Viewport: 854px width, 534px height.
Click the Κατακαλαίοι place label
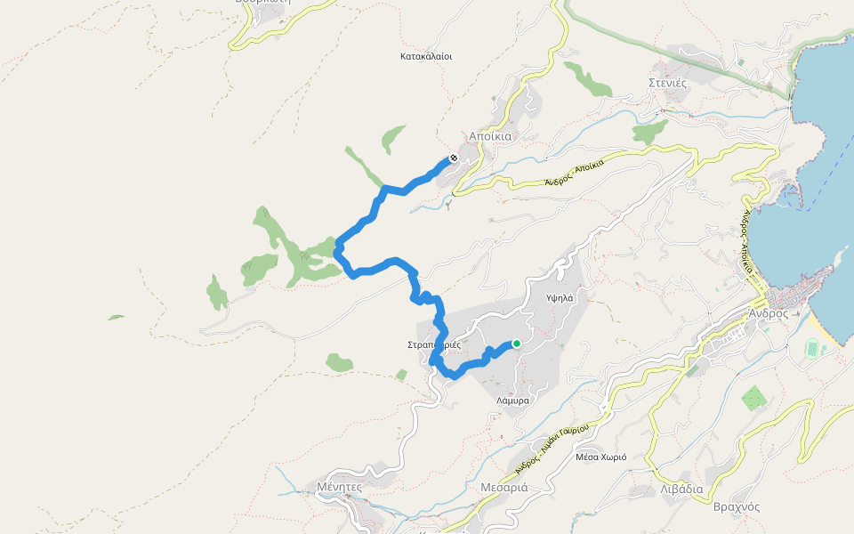coord(427,55)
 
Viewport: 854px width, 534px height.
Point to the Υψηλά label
coord(560,298)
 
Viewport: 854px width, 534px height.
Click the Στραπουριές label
coord(433,344)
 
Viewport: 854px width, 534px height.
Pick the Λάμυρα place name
coord(513,400)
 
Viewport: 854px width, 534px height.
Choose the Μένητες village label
coord(339,487)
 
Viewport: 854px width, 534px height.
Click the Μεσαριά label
coord(504,487)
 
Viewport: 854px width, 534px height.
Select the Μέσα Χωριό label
coord(601,457)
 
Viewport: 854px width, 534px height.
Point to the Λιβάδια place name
coord(682,489)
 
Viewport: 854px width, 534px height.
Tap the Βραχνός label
coord(736,506)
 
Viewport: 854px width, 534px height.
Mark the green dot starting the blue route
coord(516,344)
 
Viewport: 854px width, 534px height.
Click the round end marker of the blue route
coord(454,158)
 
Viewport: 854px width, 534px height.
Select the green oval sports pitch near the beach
coord(812,350)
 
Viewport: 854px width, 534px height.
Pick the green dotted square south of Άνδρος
coord(753,398)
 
